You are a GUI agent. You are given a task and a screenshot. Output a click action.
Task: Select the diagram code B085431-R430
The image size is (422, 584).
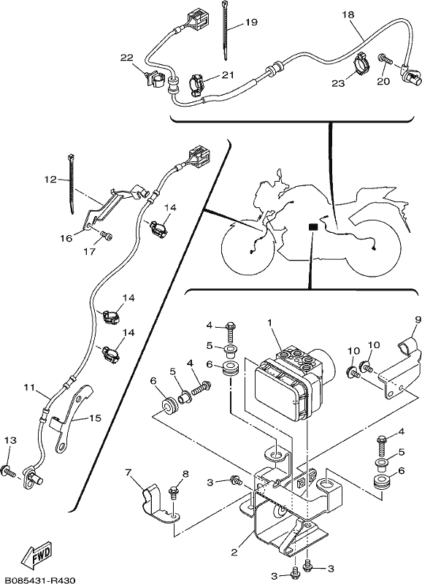coord(37,580)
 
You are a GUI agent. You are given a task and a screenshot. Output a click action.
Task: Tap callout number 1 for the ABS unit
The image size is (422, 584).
coord(269,322)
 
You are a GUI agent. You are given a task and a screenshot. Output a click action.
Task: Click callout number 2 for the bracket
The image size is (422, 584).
coord(234,552)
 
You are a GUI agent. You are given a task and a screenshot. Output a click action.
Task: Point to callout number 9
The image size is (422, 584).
coord(417,320)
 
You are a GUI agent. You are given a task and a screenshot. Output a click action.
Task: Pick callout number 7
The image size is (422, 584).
coord(128,473)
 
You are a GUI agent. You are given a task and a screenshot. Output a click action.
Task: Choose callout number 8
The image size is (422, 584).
coord(185,474)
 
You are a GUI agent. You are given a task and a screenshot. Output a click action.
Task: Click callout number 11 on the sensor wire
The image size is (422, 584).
coord(29,388)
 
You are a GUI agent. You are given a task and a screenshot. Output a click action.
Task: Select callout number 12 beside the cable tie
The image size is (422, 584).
coord(50,180)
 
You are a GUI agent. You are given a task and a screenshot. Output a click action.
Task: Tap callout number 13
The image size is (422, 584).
coord(10,441)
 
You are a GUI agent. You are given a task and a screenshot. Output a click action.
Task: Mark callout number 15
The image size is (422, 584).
coord(96,418)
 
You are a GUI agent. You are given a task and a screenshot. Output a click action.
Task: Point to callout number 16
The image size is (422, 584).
coord(66,238)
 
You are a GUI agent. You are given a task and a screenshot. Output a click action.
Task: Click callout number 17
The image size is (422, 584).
coord(90,252)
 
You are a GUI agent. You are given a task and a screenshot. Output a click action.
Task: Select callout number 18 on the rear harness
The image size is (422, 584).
coord(348,15)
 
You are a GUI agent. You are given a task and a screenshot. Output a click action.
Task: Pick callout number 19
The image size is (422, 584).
coord(251,23)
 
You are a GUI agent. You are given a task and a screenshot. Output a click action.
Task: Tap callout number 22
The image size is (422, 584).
coord(126,58)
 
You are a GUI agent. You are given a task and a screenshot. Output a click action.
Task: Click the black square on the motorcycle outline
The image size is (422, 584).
coord(313,227)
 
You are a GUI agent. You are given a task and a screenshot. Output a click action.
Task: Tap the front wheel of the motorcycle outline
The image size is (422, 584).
coord(248,249)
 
